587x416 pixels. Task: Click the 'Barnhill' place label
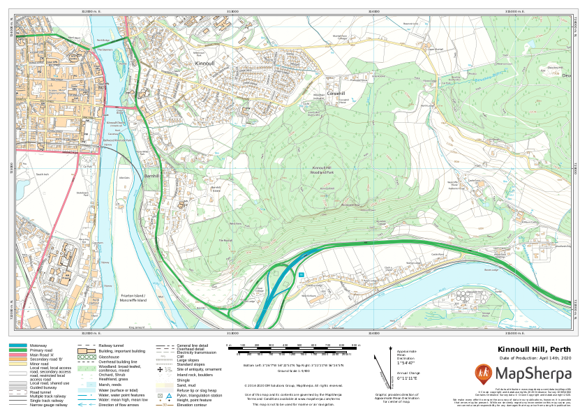click(153, 176)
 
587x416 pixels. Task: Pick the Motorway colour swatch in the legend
click(18, 346)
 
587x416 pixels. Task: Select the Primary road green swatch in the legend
click(18, 350)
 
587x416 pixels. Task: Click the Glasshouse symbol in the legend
click(87, 357)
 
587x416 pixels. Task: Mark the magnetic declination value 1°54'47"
click(406, 363)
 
